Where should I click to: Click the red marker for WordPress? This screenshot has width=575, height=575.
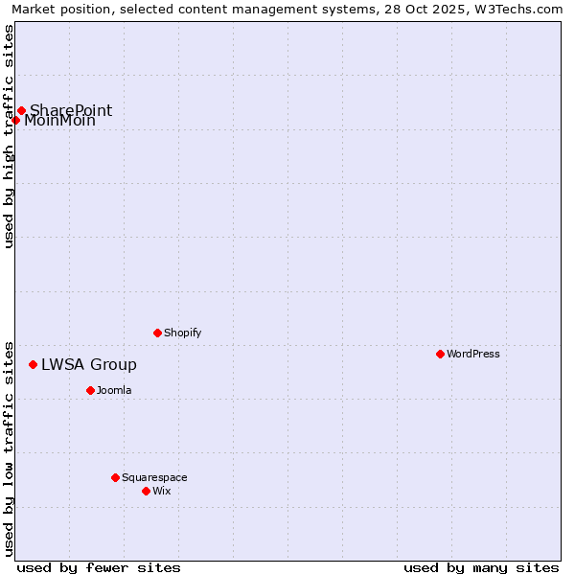pyautogui.click(x=440, y=354)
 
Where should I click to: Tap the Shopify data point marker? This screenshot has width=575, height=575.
pyautogui.click(x=157, y=333)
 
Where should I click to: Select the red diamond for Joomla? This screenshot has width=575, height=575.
pyautogui.click(x=90, y=390)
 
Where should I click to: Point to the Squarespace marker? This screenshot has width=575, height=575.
pyautogui.click(x=115, y=477)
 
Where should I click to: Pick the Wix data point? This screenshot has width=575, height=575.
pyautogui.click(x=146, y=491)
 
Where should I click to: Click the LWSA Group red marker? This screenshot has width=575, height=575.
pyautogui.click(x=33, y=364)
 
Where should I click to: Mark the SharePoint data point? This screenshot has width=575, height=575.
pyautogui.click(x=21, y=110)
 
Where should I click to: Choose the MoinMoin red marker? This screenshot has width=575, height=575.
pyautogui.click(x=15, y=120)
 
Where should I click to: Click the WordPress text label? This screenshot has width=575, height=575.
pyautogui.click(x=473, y=354)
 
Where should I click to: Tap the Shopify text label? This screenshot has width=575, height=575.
pyautogui.click(x=183, y=333)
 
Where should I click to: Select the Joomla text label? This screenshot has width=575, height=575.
pyautogui.click(x=114, y=390)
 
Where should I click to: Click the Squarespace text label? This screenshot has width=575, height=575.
pyautogui.click(x=154, y=477)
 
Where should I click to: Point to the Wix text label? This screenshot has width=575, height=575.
pyautogui.click(x=162, y=491)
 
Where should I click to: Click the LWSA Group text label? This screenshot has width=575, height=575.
pyautogui.click(x=89, y=364)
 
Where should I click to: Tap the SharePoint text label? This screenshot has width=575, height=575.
pyautogui.click(x=71, y=110)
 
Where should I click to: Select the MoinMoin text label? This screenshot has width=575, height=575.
pyautogui.click(x=59, y=121)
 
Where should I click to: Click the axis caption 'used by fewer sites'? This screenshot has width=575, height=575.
pyautogui.click(x=99, y=567)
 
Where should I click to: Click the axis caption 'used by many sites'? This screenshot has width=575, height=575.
pyautogui.click(x=481, y=567)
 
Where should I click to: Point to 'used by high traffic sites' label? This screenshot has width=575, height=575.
pyautogui.click(x=9, y=136)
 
